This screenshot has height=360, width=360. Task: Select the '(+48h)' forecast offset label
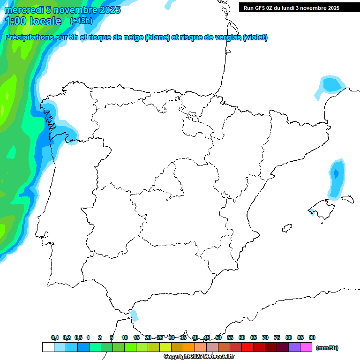[x=81, y=21]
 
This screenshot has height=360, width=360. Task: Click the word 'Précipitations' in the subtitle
[x=29, y=37]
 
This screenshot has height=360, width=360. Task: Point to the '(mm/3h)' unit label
[x=327, y=348]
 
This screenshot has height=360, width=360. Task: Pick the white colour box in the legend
[x=48, y=347]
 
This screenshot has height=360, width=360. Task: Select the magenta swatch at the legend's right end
[x=306, y=347]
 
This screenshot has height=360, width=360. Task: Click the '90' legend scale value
[x=312, y=337]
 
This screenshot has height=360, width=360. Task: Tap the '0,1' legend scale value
[x=55, y=337]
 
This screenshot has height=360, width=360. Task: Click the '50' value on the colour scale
[x=218, y=337]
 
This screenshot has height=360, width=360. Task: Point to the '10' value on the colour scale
[x=125, y=337]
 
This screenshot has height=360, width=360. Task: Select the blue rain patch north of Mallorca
[x=336, y=178]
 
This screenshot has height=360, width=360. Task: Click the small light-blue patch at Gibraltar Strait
[x=135, y=315]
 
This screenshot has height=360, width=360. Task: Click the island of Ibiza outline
[x=286, y=229]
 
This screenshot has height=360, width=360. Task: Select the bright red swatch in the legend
[x=247, y=347]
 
